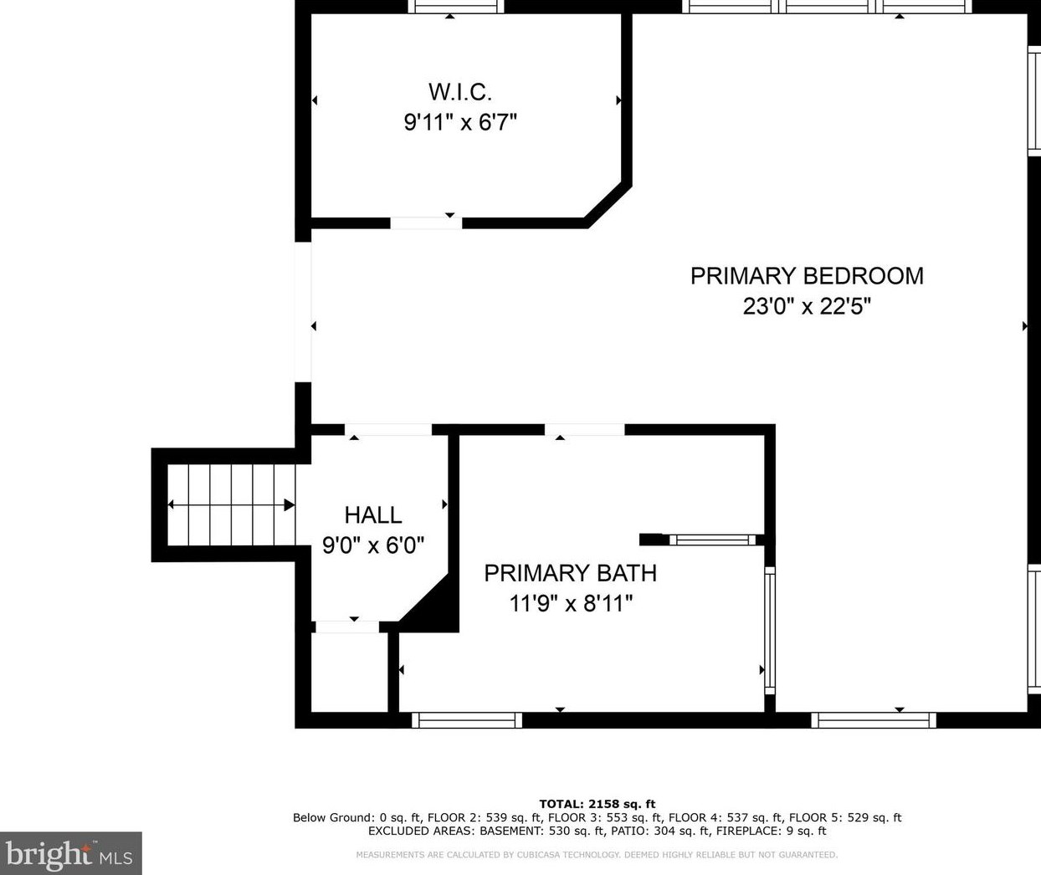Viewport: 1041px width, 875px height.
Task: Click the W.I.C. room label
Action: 459,92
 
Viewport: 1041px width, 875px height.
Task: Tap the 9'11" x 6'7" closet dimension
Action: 459,122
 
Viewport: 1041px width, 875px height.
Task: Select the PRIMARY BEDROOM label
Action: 807,276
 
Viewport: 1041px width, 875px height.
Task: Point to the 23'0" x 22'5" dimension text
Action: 807,306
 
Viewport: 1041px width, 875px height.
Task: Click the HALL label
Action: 373,515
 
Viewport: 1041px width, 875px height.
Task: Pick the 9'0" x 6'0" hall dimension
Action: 373,545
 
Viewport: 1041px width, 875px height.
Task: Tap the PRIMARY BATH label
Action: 571,574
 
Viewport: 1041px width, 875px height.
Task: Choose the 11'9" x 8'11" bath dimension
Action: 571,604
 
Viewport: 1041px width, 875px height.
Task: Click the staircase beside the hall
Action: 231,504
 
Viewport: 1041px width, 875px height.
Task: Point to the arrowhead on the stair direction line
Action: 290,504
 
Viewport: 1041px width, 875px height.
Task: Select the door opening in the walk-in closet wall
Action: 426,223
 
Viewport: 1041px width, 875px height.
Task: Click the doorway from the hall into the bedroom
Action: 388,429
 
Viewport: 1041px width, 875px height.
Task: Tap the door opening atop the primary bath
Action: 584,429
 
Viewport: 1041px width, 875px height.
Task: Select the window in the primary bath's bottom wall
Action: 467,720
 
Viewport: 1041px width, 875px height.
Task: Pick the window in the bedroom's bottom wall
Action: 874,720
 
